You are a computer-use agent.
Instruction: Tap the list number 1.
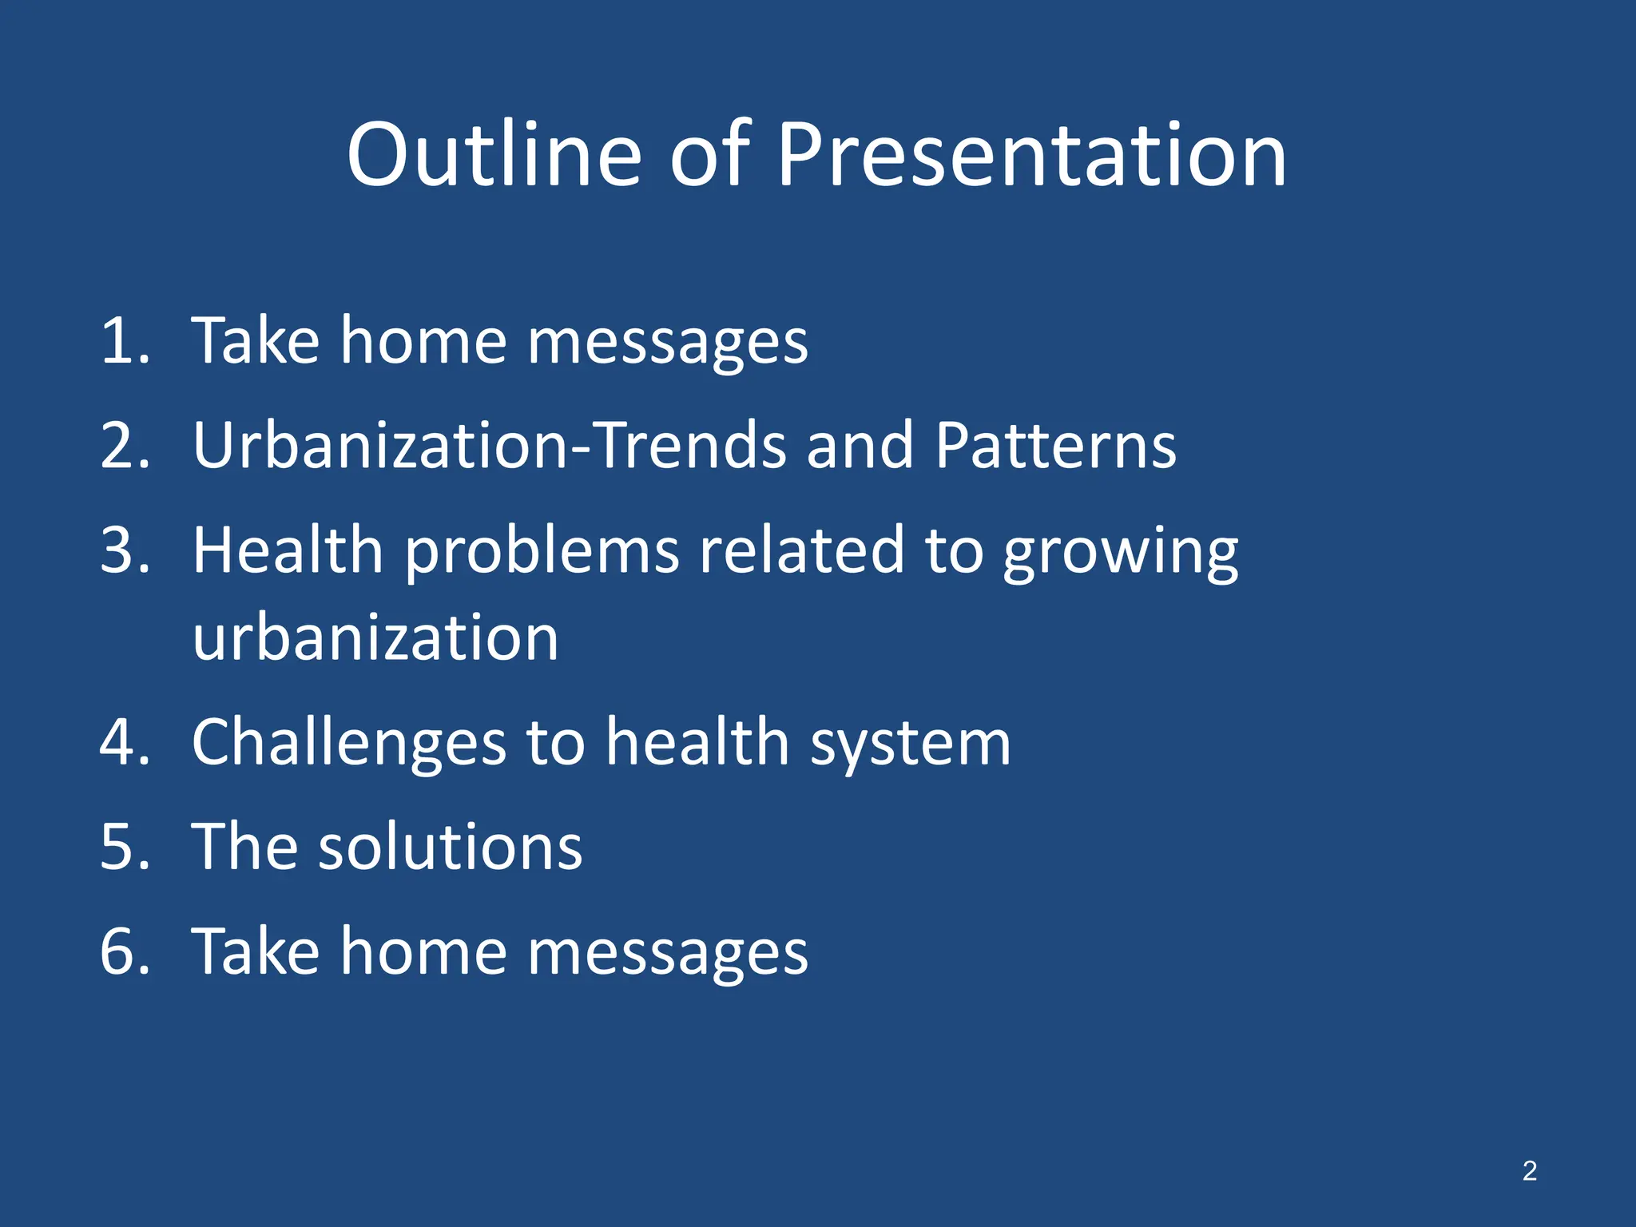click(125, 341)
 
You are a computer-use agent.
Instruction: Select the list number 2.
click(125, 445)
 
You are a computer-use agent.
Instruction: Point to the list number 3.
click(125, 550)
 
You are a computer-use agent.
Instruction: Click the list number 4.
click(125, 742)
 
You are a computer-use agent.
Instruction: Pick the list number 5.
click(125, 847)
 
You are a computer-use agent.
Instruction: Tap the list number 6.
click(125, 951)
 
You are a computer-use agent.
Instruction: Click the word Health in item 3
click(288, 550)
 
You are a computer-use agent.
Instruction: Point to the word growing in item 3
click(1120, 554)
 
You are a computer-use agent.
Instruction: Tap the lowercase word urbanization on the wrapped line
click(375, 638)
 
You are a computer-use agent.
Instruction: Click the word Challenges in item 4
click(348, 744)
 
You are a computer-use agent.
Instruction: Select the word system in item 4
click(911, 745)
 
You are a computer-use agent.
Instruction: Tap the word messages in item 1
click(668, 343)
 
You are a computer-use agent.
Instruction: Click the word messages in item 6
click(668, 954)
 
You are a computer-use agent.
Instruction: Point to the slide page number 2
click(1529, 1171)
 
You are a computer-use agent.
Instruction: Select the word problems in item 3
click(542, 554)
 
